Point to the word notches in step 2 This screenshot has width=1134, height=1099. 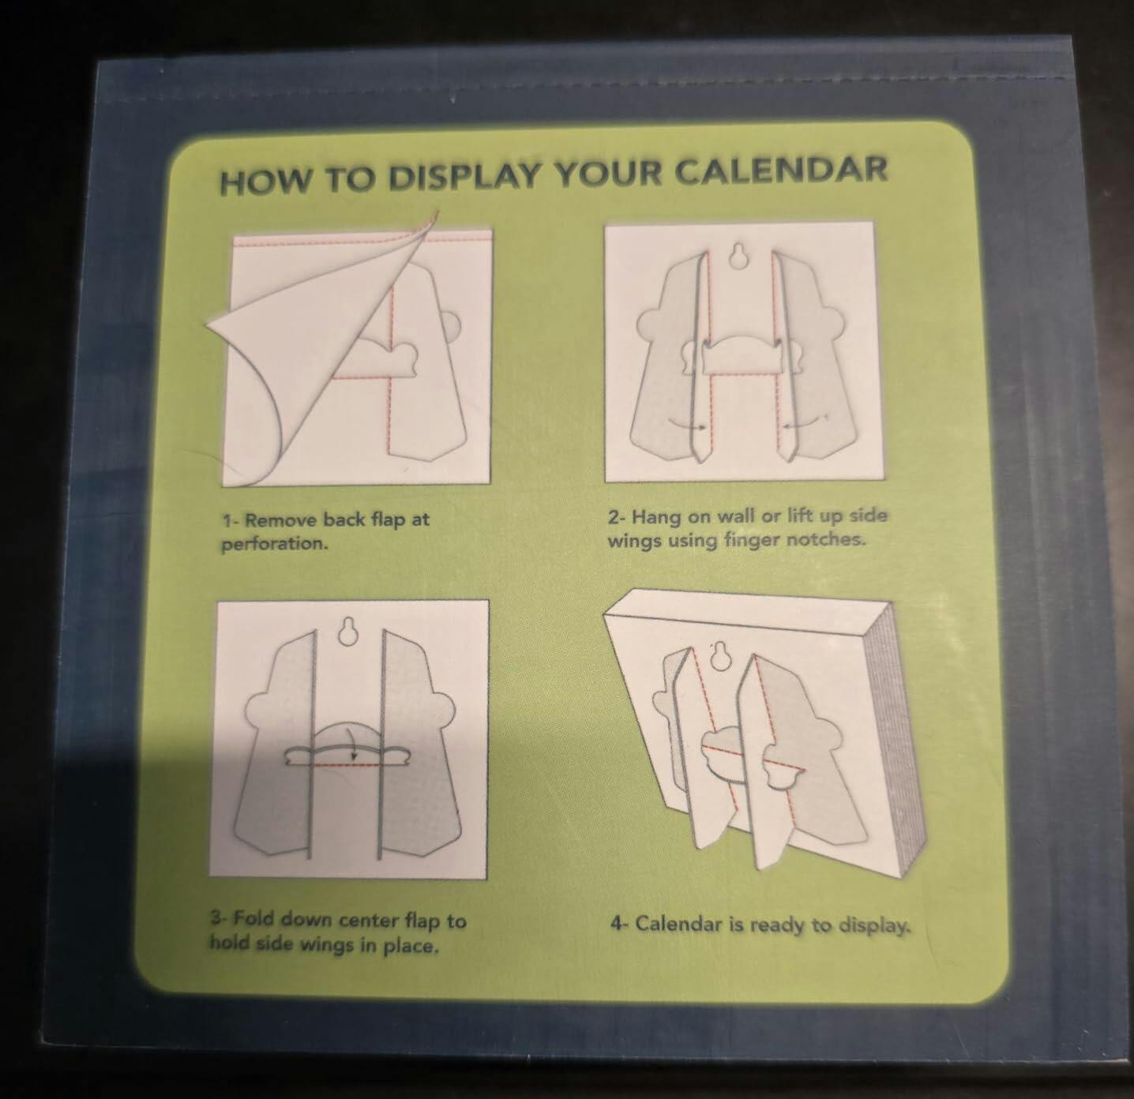click(828, 540)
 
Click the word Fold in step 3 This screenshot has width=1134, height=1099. click(253, 919)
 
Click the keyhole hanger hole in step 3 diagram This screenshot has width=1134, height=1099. click(349, 632)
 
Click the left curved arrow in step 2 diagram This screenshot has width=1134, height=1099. click(686, 423)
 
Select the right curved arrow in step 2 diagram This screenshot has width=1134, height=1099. click(805, 422)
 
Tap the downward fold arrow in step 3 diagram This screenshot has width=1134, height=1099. click(347, 742)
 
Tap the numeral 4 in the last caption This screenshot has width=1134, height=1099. click(615, 922)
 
